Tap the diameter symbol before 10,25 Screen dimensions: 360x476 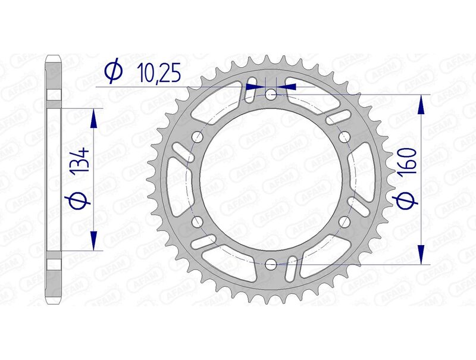113,71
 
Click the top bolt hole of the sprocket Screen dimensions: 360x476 271,94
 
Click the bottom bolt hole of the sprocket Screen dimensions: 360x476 271,264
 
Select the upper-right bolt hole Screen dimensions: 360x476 344,136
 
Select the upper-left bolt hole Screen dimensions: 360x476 197,136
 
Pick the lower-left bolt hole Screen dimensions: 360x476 197,221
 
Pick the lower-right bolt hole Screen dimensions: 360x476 344,221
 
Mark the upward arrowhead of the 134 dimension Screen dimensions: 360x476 93,118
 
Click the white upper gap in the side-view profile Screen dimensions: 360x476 54,96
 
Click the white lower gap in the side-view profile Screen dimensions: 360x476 54,264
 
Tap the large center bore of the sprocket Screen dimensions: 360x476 271,179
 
